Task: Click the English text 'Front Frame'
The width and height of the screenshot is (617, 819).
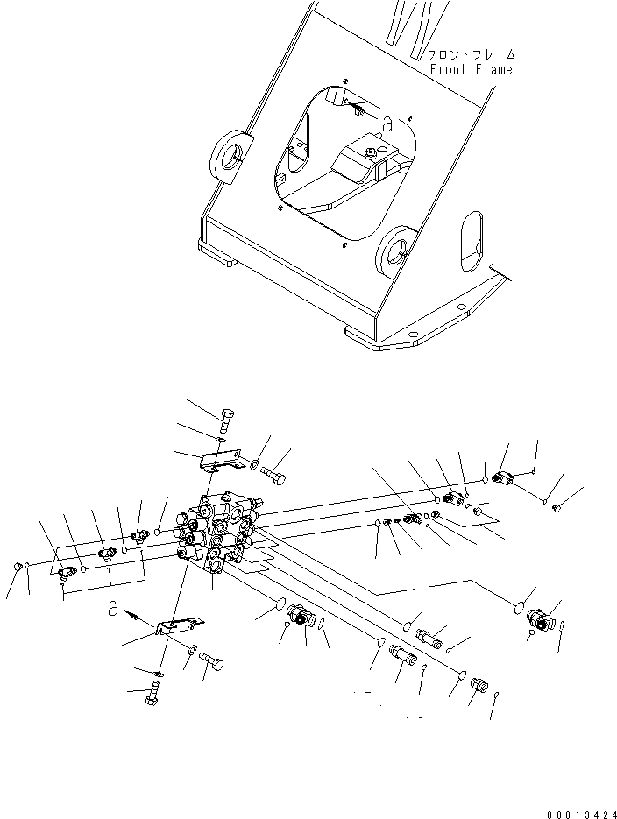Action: click(470, 69)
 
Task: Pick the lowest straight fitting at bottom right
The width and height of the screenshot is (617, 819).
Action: click(478, 684)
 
